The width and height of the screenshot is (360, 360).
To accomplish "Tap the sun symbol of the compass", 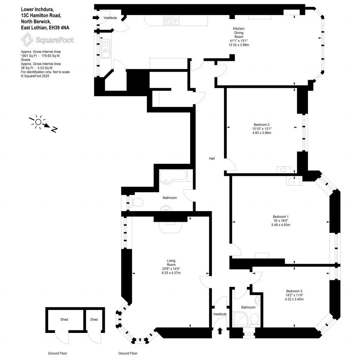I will pyautogui.click(x=38, y=122).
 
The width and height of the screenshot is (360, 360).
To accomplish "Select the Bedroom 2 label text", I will pyautogui.click(x=262, y=124).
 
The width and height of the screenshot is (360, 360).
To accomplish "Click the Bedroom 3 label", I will pyautogui.click(x=294, y=291).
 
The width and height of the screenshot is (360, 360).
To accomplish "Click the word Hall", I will pyautogui.click(x=212, y=159).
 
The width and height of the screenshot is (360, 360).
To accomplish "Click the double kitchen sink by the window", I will pyautogui.click(x=105, y=49).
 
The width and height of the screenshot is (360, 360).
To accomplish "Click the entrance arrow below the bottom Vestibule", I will pyautogui.click(x=220, y=331).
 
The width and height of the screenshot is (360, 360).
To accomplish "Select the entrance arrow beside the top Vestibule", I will pyautogui.click(x=96, y=18).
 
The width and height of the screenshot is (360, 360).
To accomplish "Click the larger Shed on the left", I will pyautogui.click(x=64, y=320).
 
